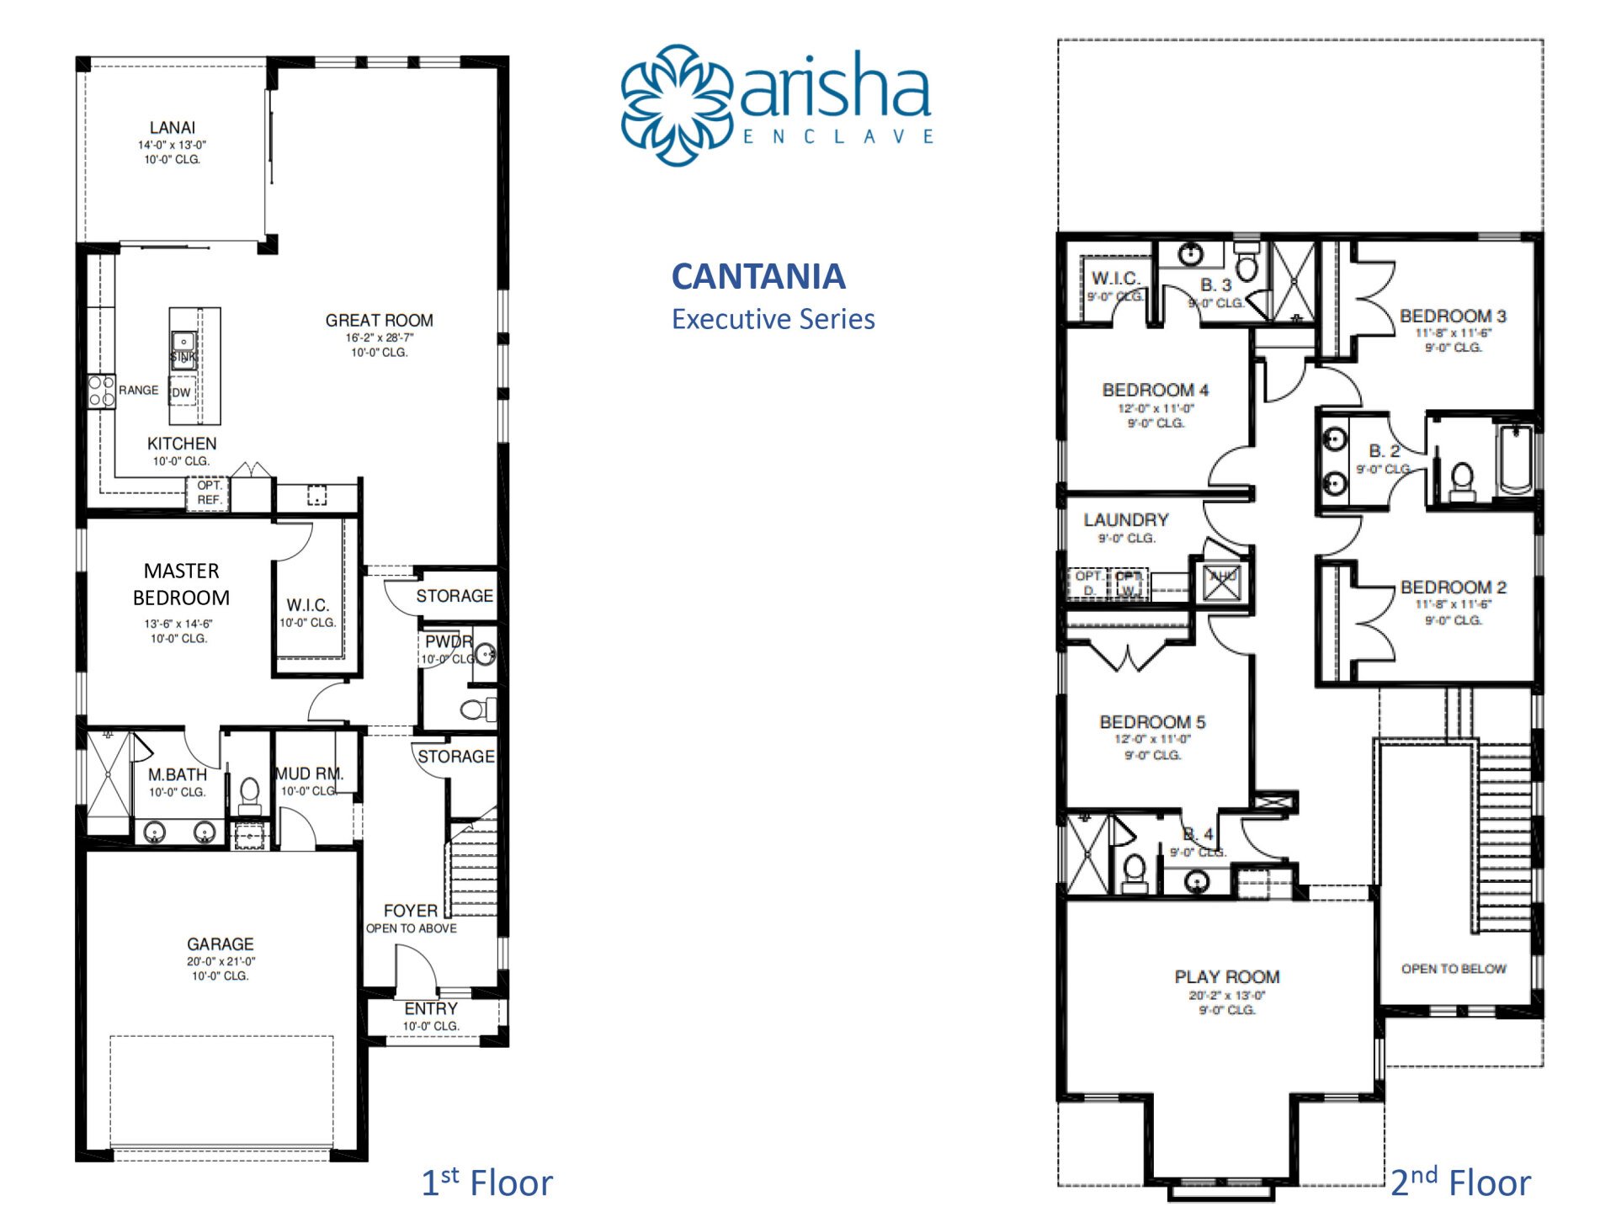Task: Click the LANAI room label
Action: tap(172, 128)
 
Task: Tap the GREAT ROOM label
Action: tap(379, 321)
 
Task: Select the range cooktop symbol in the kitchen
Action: tap(101, 392)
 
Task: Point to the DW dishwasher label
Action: tap(182, 392)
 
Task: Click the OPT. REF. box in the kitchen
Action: tap(209, 492)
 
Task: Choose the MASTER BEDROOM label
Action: tap(181, 584)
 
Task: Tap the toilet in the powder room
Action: tap(476, 709)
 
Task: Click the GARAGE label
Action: tap(220, 944)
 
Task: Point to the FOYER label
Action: tap(410, 911)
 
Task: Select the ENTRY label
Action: tap(431, 1008)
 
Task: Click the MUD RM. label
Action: tap(309, 773)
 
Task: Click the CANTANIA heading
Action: tap(758, 277)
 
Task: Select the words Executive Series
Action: tap(773, 320)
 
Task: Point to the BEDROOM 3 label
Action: tap(1453, 316)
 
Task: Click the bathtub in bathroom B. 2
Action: tap(1516, 460)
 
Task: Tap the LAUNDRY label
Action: tap(1125, 520)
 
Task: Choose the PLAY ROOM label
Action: tap(1227, 977)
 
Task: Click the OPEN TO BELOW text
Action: tap(1454, 969)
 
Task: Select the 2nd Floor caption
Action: tap(1459, 1183)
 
